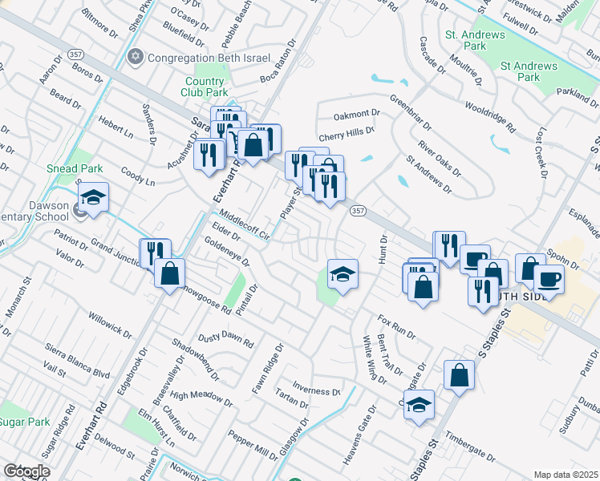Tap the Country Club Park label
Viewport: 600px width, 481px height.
pos(205,87)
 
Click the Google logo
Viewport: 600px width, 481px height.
pos(26,471)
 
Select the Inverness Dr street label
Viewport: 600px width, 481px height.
pos(317,391)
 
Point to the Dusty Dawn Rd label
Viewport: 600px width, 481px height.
pos(226,339)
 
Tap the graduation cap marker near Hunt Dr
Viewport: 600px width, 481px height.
pos(342,274)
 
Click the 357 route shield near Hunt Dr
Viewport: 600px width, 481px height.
pos(359,210)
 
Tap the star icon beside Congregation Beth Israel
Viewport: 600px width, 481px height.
pos(135,57)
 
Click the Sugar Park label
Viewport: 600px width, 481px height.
pos(24,422)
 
